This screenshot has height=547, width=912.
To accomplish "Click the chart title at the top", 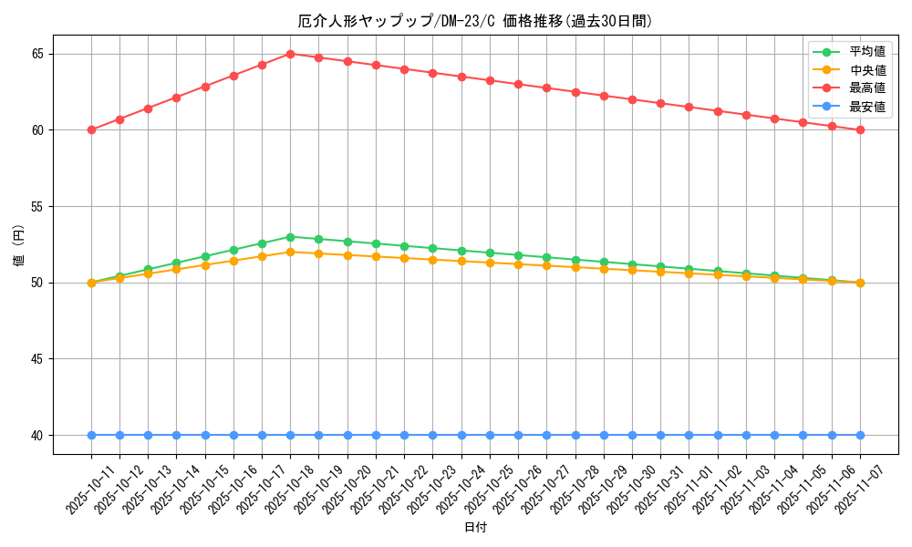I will click(x=475, y=21).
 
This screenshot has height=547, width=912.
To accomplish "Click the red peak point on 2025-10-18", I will click(x=290, y=54).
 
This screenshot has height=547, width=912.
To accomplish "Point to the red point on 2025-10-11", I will click(x=91, y=129).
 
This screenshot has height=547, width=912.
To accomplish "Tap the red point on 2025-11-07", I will click(x=860, y=129).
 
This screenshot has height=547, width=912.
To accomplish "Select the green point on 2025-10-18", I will click(x=290, y=237).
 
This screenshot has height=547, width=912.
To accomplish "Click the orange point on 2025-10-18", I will click(x=290, y=252).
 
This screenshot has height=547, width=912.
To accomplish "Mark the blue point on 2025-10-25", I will click(x=490, y=435).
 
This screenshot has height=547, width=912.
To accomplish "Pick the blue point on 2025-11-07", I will click(x=860, y=435).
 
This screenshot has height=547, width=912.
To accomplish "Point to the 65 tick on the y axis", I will click(x=37, y=54).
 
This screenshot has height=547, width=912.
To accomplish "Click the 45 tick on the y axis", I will click(x=37, y=359).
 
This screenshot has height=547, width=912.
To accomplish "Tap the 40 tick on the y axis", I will click(x=37, y=435).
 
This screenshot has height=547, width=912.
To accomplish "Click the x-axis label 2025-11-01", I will click(x=688, y=490).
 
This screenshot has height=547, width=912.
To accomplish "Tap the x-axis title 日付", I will click(x=475, y=528).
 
